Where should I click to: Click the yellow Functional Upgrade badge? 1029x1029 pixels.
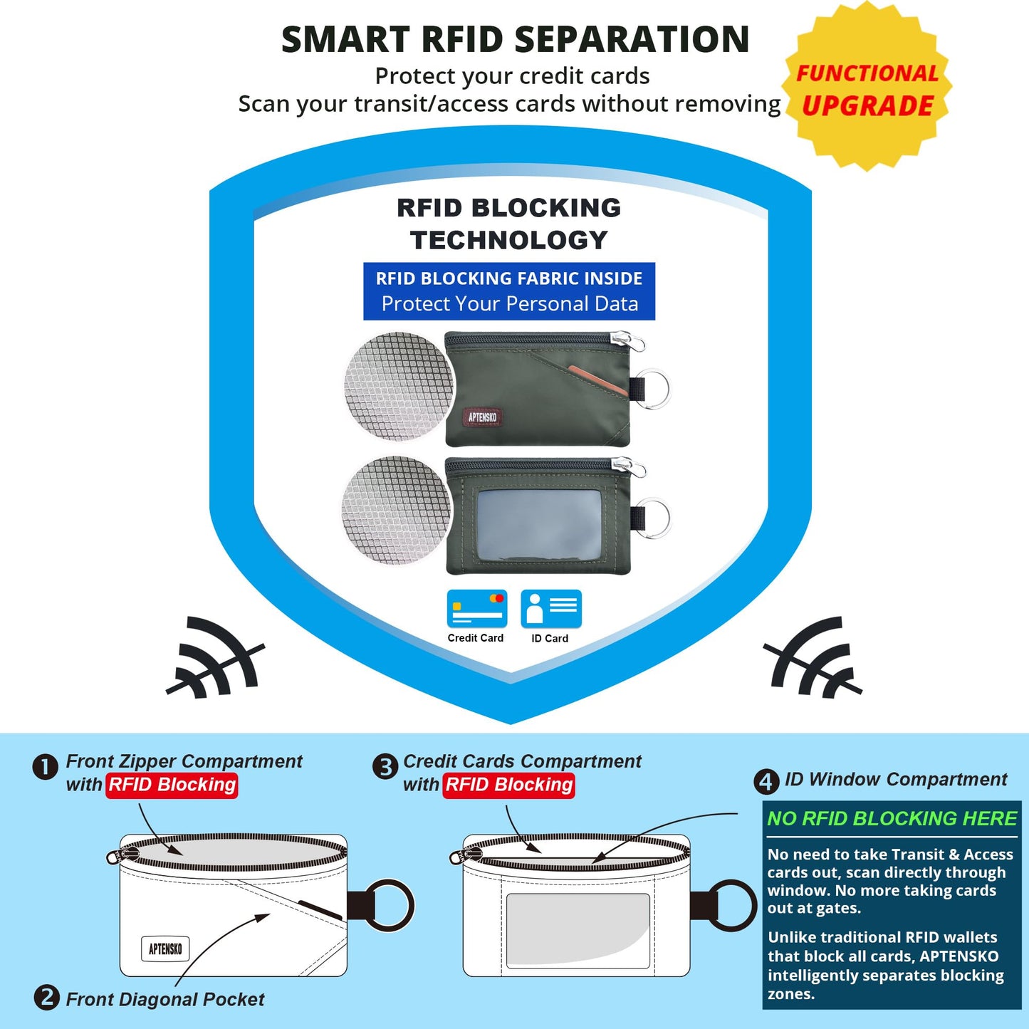click(866, 86)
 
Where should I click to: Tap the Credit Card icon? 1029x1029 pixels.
click(477, 608)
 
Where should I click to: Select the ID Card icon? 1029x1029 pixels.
click(551, 608)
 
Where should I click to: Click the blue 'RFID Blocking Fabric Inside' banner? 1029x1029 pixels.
click(509, 291)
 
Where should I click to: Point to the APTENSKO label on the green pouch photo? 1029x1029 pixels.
click(482, 417)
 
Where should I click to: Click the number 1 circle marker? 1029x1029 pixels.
click(46, 768)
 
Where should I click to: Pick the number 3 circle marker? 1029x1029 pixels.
click(385, 768)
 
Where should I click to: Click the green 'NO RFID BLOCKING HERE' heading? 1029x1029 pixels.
click(892, 819)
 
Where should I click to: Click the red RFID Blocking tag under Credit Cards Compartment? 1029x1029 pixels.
click(508, 785)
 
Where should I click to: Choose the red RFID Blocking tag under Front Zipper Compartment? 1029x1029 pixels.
click(172, 785)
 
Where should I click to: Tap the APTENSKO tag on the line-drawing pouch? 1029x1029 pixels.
click(165, 949)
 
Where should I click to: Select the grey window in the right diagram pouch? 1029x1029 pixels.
click(578, 930)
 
